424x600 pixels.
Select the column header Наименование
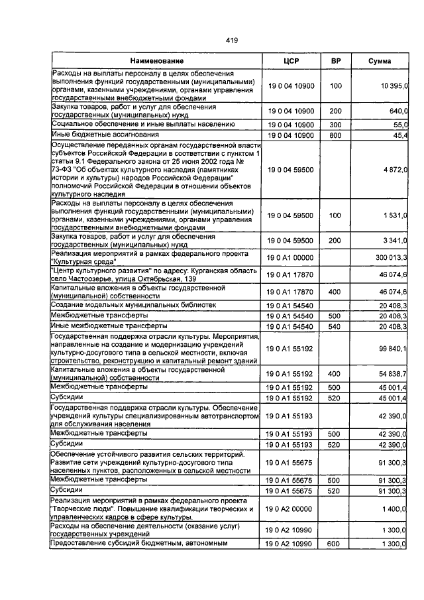157,61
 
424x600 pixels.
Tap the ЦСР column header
291,61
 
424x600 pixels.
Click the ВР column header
335,61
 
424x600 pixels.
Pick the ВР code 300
335,125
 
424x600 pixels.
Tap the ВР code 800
335,136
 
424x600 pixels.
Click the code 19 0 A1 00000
291,257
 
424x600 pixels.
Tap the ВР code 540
335,326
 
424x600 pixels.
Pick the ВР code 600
335,544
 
